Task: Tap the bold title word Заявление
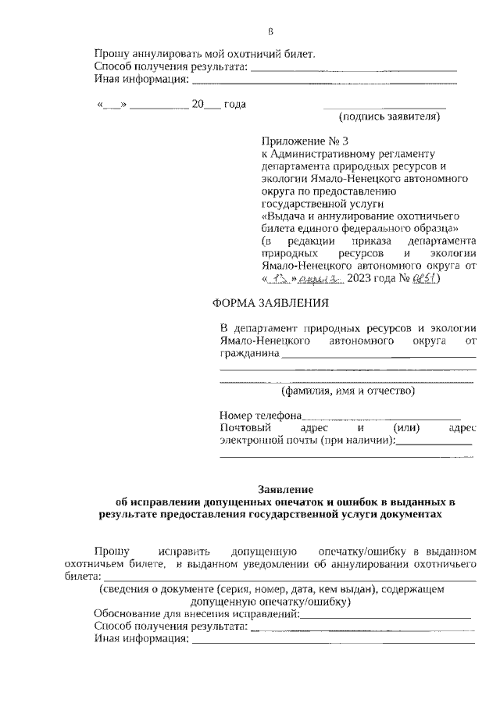pyautogui.click(x=285, y=487)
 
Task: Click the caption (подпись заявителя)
pyautogui.click(x=389, y=117)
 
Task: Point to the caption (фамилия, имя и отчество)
pyautogui.click(x=348, y=391)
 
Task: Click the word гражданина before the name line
pyautogui.click(x=249, y=354)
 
